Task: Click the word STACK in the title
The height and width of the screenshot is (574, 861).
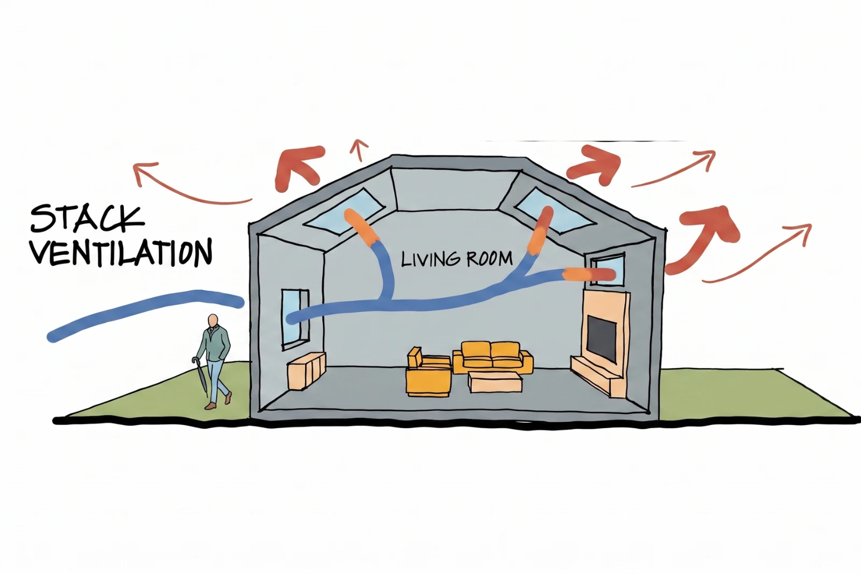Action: coord(87,219)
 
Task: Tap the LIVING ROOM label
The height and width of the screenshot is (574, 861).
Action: coord(457,259)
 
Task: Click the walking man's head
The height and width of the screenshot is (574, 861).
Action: coord(213,321)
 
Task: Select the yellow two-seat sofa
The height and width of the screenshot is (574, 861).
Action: coord(493,357)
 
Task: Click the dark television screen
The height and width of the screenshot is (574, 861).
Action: coord(602,339)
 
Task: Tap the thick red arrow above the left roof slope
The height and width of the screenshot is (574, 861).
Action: coord(298,167)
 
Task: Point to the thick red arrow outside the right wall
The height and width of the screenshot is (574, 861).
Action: coord(703,240)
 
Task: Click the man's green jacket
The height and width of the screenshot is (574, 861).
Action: coord(214,343)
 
